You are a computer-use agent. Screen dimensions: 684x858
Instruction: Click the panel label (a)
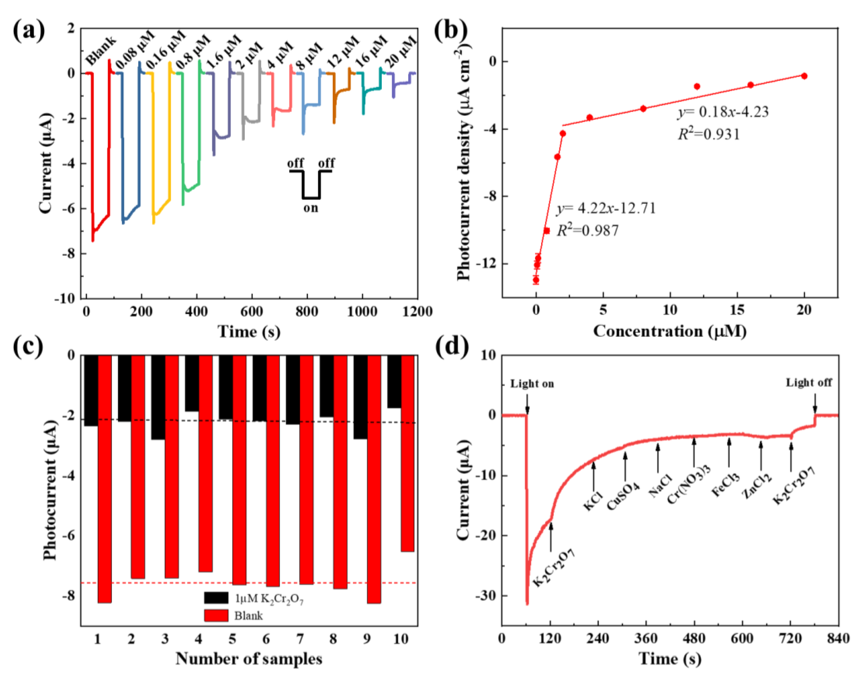click(x=29, y=31)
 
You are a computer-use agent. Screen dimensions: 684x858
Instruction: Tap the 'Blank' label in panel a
click(x=101, y=51)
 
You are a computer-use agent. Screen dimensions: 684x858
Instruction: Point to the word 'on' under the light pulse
click(x=311, y=208)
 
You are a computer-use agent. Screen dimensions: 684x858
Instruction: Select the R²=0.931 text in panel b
click(x=709, y=134)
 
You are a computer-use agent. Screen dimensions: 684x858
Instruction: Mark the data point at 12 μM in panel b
click(x=697, y=86)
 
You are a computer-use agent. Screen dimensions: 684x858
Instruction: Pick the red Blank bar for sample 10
click(x=408, y=453)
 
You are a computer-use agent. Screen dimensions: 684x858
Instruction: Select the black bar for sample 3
click(x=158, y=398)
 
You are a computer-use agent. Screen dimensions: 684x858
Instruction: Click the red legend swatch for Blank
click(x=216, y=616)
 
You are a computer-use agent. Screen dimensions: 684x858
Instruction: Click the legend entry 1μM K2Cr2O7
click(x=269, y=599)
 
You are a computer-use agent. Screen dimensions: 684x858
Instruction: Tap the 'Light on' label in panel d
click(x=532, y=384)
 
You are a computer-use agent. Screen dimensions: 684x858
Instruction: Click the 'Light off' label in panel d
click(x=809, y=383)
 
